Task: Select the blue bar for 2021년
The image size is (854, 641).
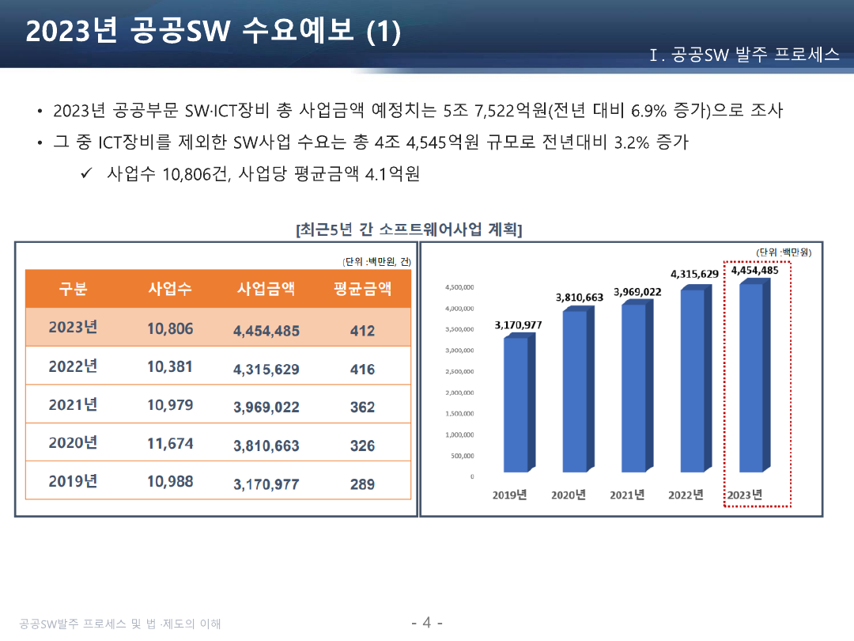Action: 633,388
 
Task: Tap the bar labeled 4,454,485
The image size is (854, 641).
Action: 751,377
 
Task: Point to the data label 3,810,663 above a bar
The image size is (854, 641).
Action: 580,298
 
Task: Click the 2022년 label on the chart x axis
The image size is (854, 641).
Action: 686,495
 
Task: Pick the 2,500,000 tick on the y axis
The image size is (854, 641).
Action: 459,371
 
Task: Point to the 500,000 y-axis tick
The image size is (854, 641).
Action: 463,456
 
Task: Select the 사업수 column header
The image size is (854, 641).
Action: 170,289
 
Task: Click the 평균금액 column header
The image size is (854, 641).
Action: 362,289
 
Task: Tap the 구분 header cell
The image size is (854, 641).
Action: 73,289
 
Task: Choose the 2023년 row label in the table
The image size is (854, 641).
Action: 73,328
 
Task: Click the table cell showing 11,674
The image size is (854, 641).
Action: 170,443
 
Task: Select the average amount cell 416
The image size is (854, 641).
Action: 362,370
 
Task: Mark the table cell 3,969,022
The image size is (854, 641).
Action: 266,408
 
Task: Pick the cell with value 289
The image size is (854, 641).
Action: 362,484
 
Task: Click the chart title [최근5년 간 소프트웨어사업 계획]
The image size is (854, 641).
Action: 409,230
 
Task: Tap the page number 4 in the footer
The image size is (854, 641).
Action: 427,622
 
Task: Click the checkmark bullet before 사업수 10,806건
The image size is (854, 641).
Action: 88,173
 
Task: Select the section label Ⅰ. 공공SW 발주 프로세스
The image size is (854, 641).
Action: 744,55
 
